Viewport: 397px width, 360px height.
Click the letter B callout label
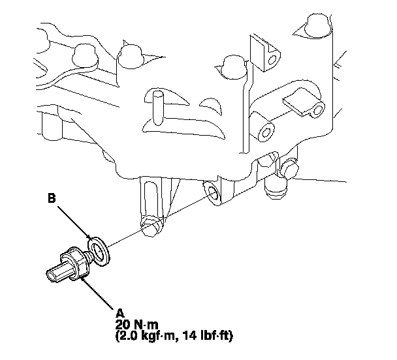pos(52,198)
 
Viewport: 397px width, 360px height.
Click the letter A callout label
pos(120,314)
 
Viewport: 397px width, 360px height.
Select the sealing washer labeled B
pos(99,251)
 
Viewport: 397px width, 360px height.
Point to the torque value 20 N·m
pos(136,325)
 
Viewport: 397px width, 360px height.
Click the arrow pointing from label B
pos(74,223)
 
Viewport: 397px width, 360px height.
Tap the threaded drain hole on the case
pos(212,194)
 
